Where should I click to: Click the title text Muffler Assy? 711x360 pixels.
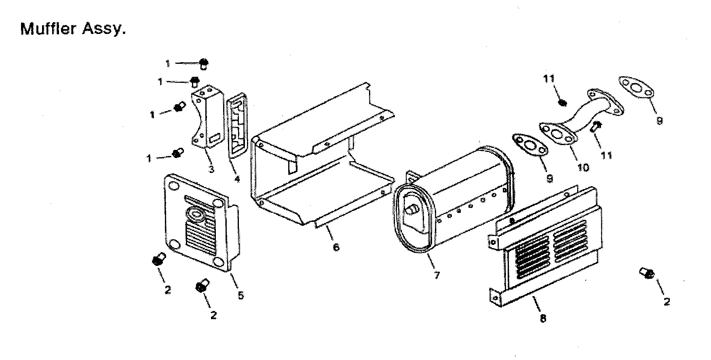point(73,29)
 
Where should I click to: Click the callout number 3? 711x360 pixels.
point(211,169)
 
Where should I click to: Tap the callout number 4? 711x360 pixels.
point(236,178)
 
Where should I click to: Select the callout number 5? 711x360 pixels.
point(241,295)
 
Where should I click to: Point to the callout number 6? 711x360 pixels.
point(336,246)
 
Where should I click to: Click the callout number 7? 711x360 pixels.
point(437,275)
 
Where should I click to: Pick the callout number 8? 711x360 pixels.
point(543,318)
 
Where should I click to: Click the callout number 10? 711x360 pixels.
point(583,167)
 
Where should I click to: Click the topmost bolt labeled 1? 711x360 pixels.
point(204,63)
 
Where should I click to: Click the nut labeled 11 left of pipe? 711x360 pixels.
point(561,103)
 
